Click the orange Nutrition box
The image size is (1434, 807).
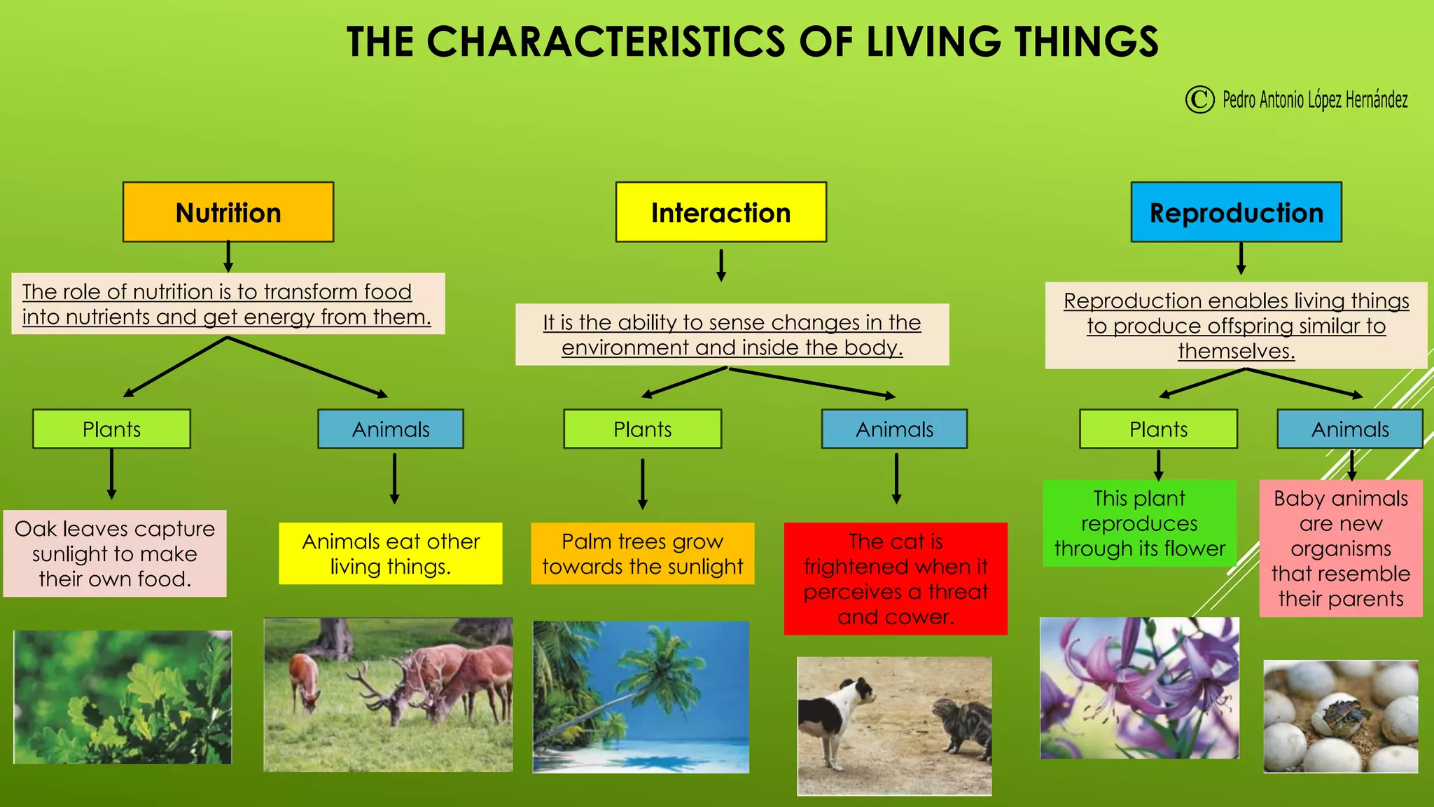click(228, 212)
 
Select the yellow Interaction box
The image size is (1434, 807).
click(721, 212)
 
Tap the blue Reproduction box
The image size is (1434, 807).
click(1236, 212)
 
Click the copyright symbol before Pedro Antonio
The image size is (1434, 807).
click(1199, 99)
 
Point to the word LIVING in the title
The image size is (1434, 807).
click(933, 42)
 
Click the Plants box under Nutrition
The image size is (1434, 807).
click(111, 429)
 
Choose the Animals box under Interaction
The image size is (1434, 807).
click(894, 429)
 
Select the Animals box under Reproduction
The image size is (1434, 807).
click(1349, 429)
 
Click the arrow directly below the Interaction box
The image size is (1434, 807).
click(721, 265)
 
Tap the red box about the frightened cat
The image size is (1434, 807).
click(896, 579)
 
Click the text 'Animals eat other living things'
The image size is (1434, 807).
click(391, 553)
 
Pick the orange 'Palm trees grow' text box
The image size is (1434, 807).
click(642, 553)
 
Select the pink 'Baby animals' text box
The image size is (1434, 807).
click(1340, 548)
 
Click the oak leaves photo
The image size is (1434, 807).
click(123, 697)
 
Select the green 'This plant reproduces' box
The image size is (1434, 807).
click(1139, 523)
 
